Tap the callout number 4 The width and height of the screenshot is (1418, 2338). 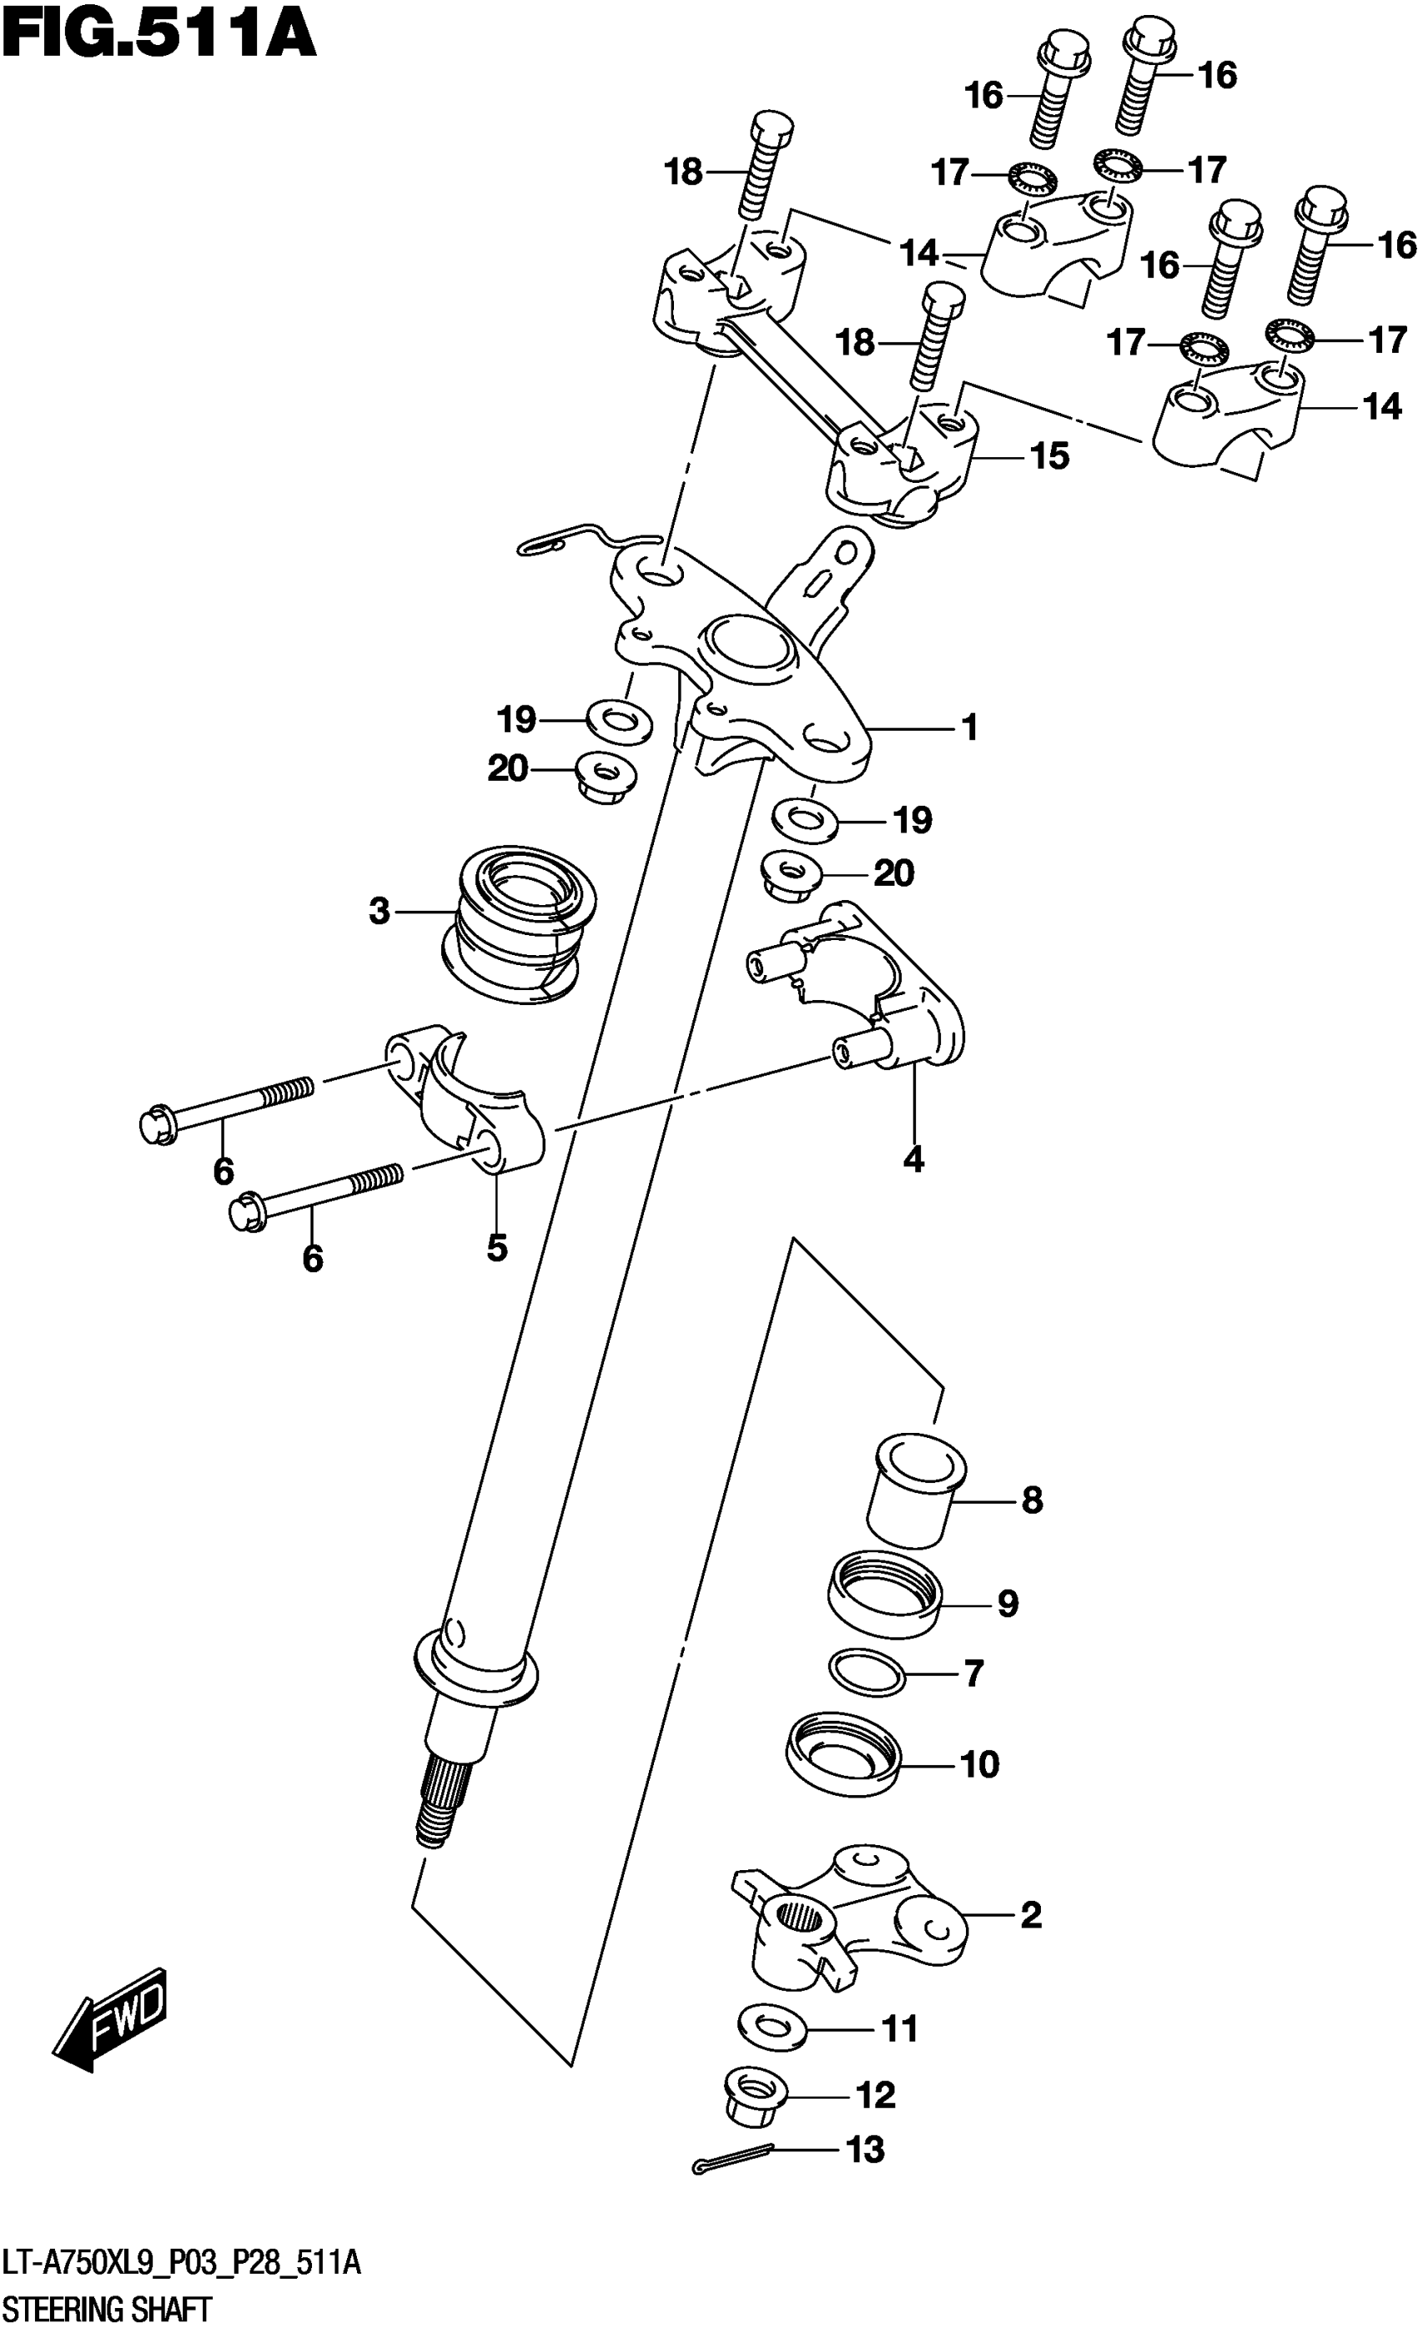click(913, 1159)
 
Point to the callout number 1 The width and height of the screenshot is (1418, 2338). click(969, 728)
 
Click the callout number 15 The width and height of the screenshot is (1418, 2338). click(1050, 456)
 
